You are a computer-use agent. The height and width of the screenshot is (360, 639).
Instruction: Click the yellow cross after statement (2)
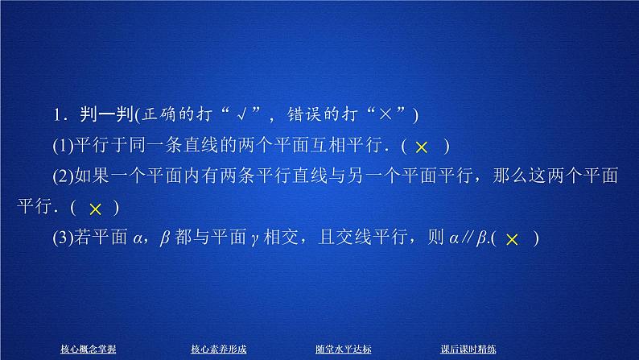[95, 209]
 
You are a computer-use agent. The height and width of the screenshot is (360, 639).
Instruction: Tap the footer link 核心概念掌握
[88, 348]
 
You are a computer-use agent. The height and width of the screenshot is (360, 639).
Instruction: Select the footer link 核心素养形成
[218, 348]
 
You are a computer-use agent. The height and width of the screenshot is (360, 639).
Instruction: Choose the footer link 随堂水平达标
[343, 348]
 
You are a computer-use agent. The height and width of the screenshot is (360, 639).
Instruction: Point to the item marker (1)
[61, 147]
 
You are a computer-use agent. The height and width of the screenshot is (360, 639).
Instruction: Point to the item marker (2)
[61, 178]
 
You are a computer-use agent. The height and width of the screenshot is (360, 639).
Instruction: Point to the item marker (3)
[61, 239]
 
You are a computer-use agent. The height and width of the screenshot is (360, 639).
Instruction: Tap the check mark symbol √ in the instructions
[262, 117]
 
